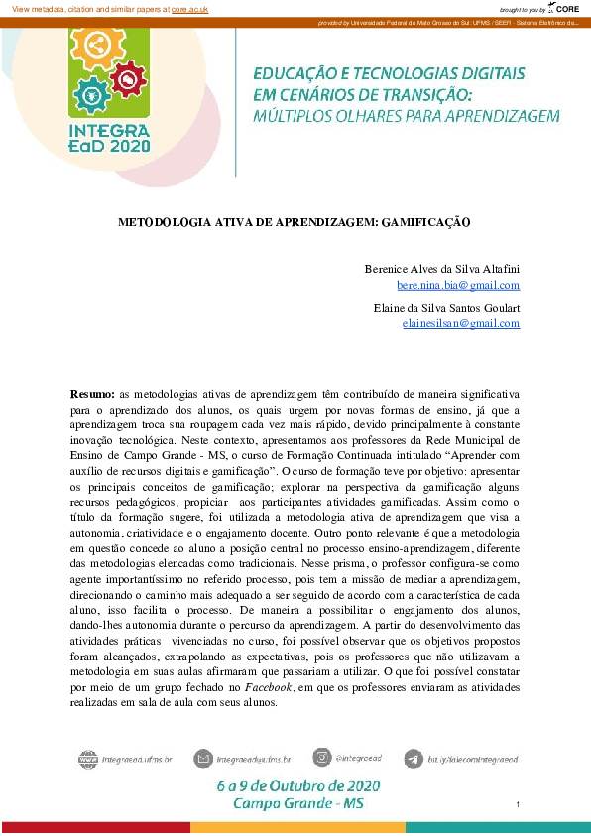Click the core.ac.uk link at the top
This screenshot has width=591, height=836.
click(189, 8)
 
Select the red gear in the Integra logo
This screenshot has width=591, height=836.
click(127, 76)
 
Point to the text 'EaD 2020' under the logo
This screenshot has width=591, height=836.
click(110, 145)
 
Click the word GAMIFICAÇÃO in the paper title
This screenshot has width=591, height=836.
click(417, 223)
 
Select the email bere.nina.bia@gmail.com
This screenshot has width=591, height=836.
click(458, 285)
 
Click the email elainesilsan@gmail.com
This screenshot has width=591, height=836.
click(461, 324)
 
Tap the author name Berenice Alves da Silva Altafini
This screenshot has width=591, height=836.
click(442, 269)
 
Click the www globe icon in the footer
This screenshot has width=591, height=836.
click(89, 760)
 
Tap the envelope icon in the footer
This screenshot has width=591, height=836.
click(203, 760)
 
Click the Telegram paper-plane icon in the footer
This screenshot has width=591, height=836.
click(414, 760)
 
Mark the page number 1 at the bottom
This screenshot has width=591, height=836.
click(519, 804)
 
